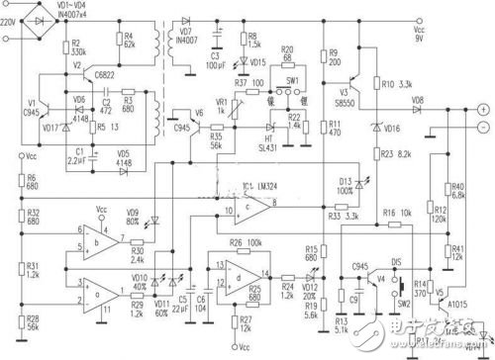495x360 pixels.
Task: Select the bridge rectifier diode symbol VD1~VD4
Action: coord(41,21)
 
